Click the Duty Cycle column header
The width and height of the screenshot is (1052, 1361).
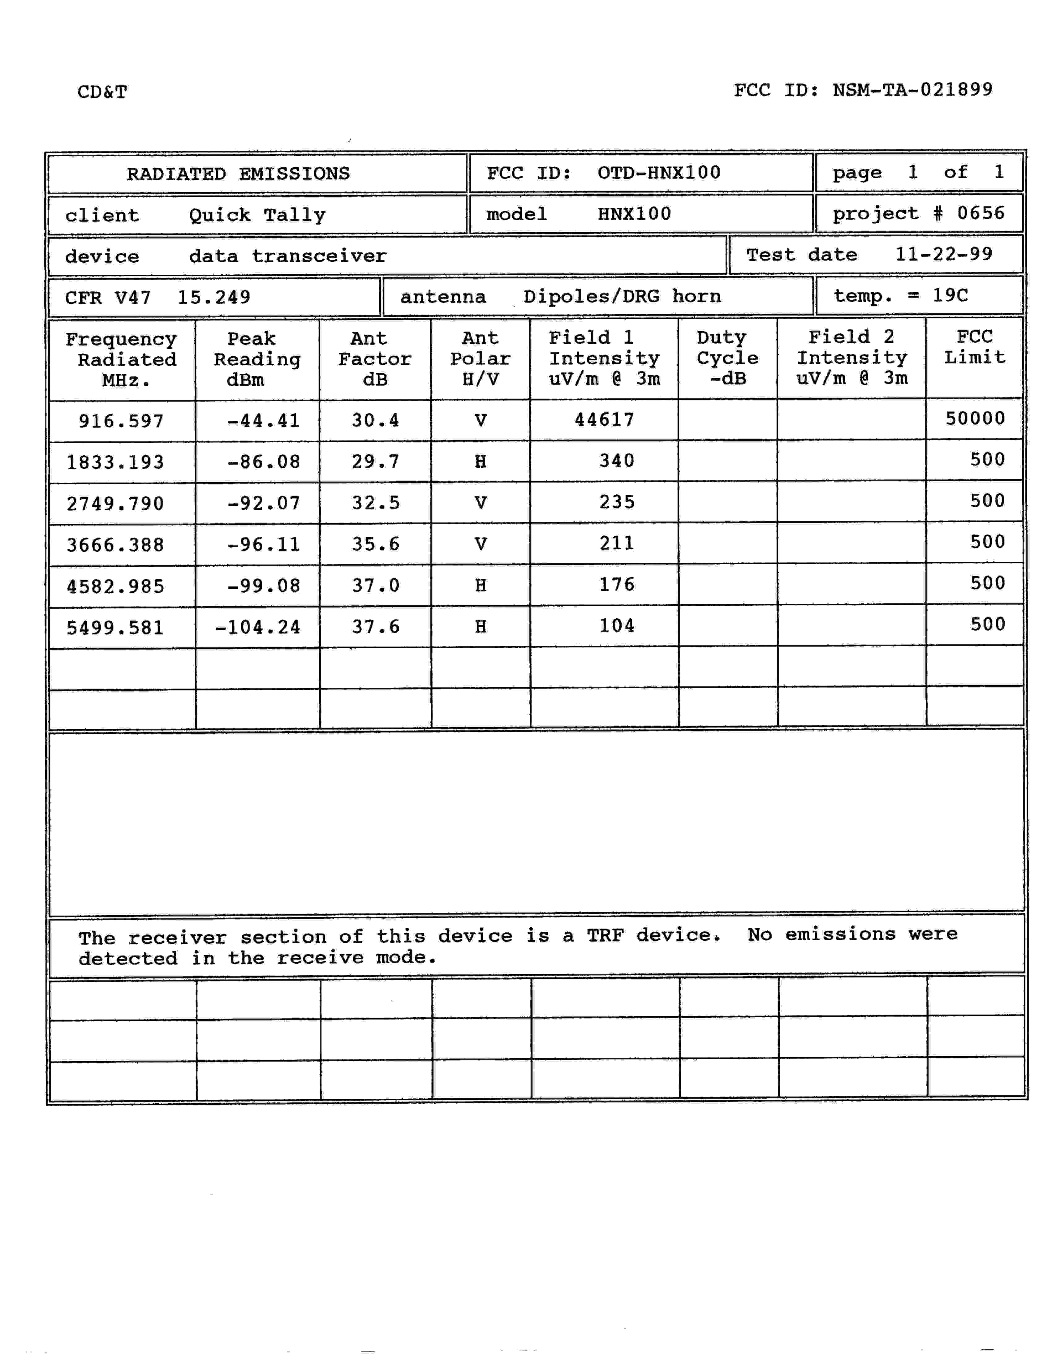click(x=727, y=358)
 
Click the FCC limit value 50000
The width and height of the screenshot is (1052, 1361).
click(x=975, y=418)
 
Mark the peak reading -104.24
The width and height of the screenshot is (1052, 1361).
click(x=257, y=627)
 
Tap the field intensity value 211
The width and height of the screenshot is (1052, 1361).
click(x=616, y=543)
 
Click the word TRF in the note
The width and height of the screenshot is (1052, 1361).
click(x=605, y=935)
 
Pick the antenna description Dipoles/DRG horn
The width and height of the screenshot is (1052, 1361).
click(x=622, y=297)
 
